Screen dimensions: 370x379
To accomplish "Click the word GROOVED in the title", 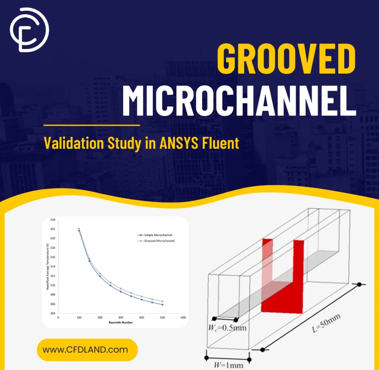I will [x=286, y=60].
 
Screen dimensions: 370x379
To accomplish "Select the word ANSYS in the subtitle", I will [x=180, y=143].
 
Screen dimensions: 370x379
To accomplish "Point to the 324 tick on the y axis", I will [x=53, y=220].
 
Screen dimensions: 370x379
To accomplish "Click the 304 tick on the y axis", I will [x=53, y=313].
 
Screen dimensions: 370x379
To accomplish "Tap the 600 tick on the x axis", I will [x=183, y=318].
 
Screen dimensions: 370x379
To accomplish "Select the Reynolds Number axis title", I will [x=121, y=322].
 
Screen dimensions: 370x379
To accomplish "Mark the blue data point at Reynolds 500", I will [x=162, y=304].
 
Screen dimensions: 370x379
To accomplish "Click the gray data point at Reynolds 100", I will [x=79, y=229].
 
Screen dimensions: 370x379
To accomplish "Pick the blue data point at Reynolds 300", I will [x=121, y=291].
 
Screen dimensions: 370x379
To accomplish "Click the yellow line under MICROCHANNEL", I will [x=92, y=125].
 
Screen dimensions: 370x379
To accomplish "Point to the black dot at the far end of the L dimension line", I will [x=359, y=284].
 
